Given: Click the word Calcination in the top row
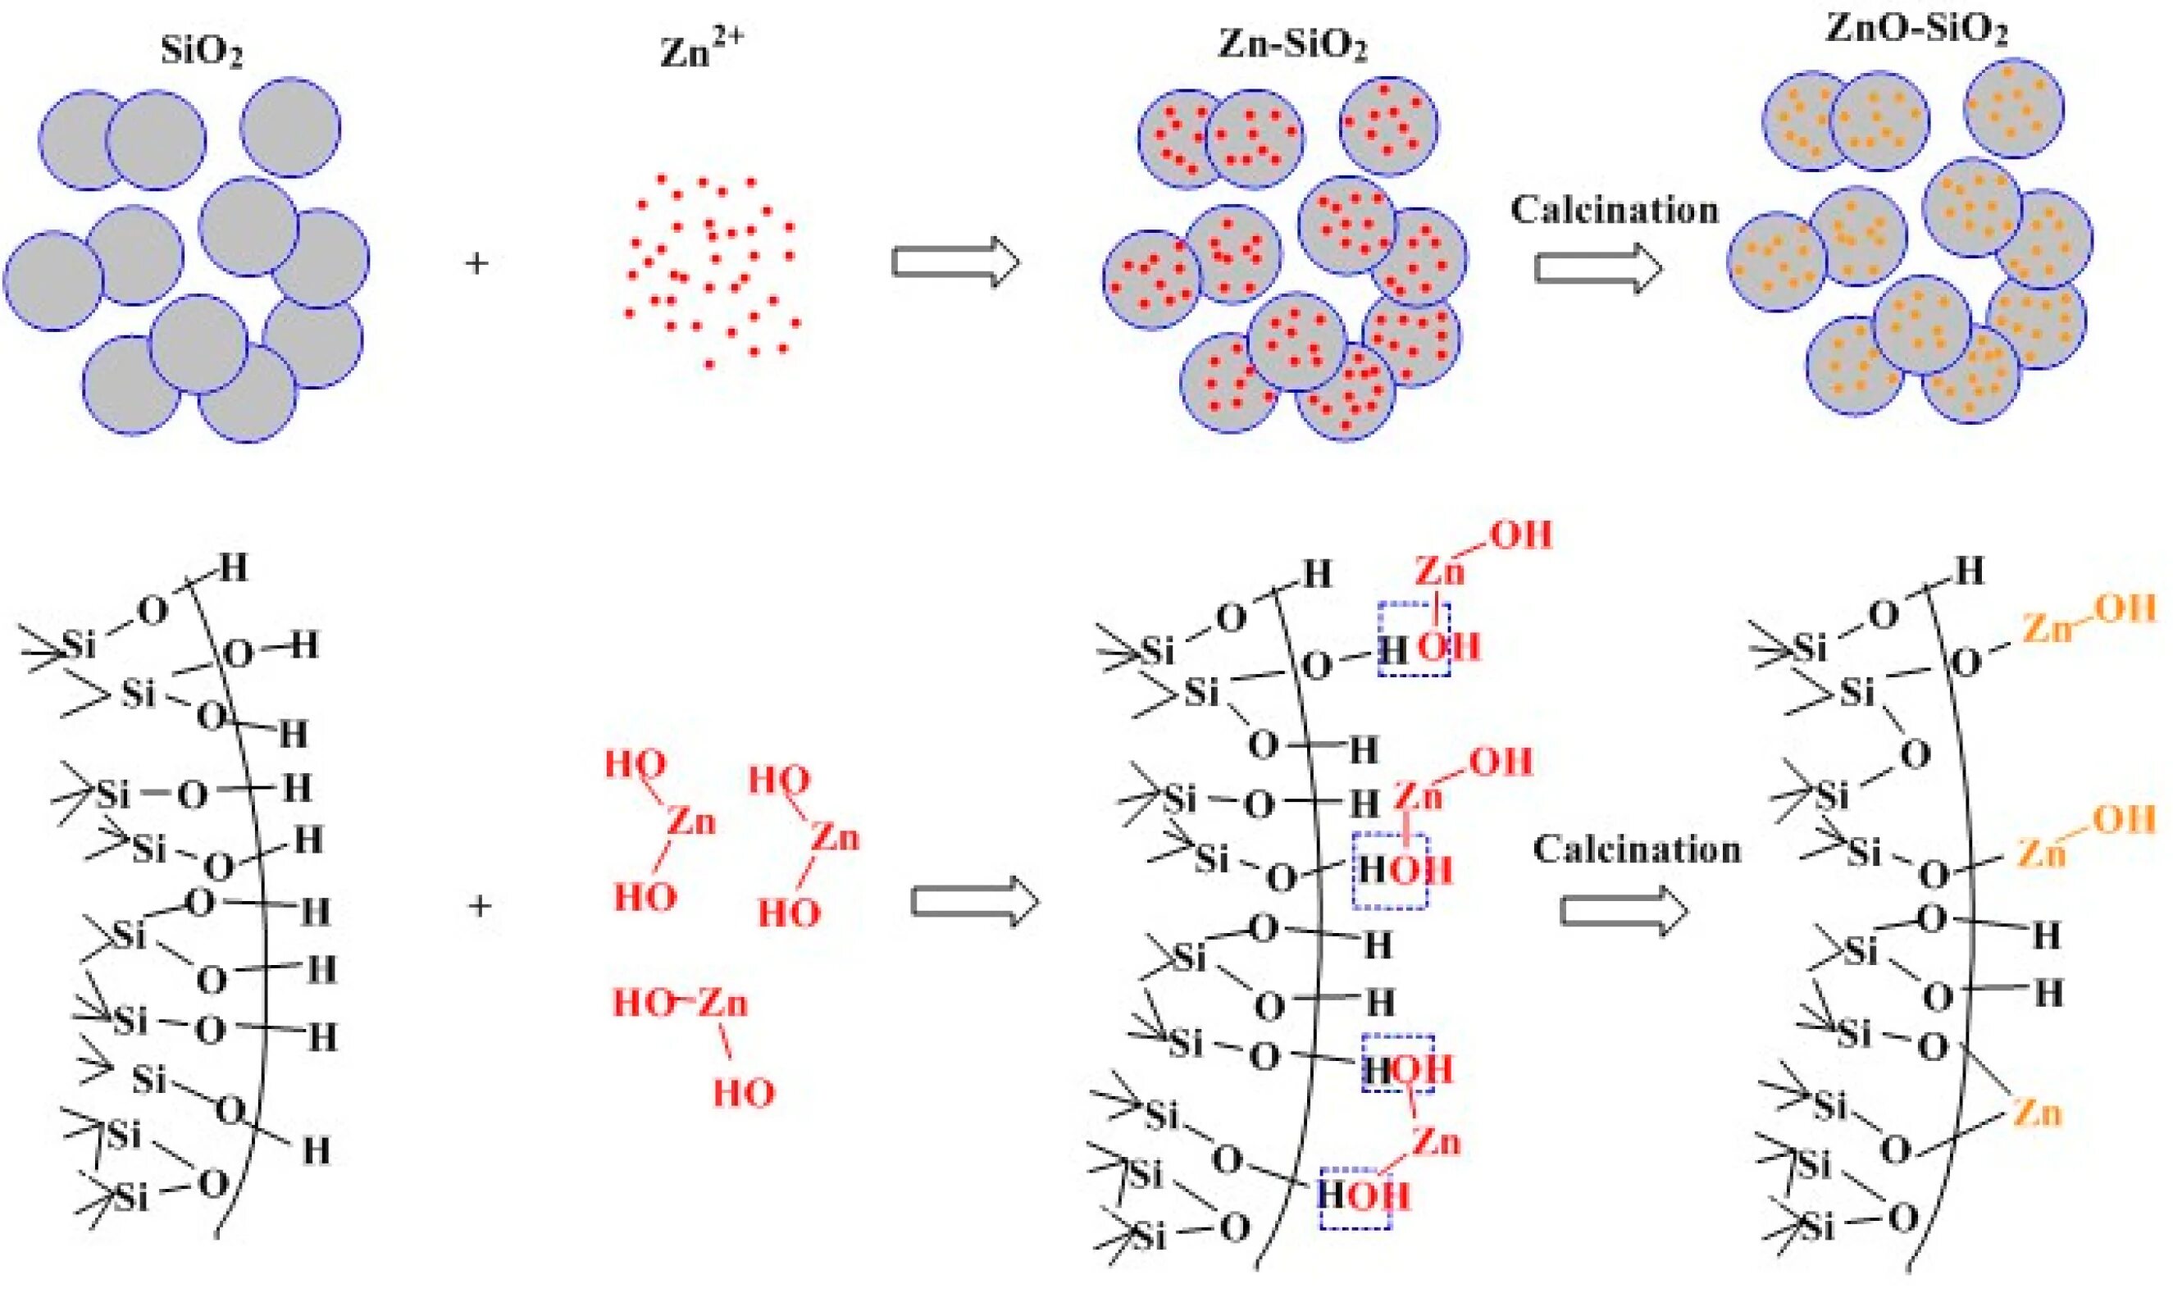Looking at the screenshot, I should [1614, 211].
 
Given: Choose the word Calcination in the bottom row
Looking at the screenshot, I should [1636, 850].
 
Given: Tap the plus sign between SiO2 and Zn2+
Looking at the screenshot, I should [476, 263].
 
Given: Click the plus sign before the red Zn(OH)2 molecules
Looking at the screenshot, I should [479, 906].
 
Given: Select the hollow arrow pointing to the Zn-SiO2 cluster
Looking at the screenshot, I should [955, 262].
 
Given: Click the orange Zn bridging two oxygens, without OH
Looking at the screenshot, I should [2037, 1113].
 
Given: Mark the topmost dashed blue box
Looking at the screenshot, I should [1413, 639].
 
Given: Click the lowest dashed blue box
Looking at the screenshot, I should [1355, 1198].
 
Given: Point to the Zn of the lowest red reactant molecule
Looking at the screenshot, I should [722, 1004].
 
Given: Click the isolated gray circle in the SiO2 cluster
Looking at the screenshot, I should [290, 127].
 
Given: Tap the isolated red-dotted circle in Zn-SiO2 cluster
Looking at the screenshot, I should [1389, 126].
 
